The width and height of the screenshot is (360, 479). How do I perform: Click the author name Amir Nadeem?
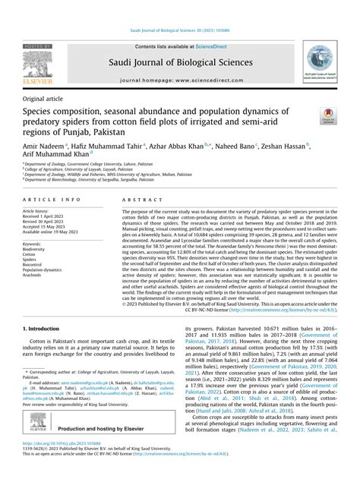pos(43,145)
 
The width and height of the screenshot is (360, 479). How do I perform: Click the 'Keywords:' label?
pos(34,243)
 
